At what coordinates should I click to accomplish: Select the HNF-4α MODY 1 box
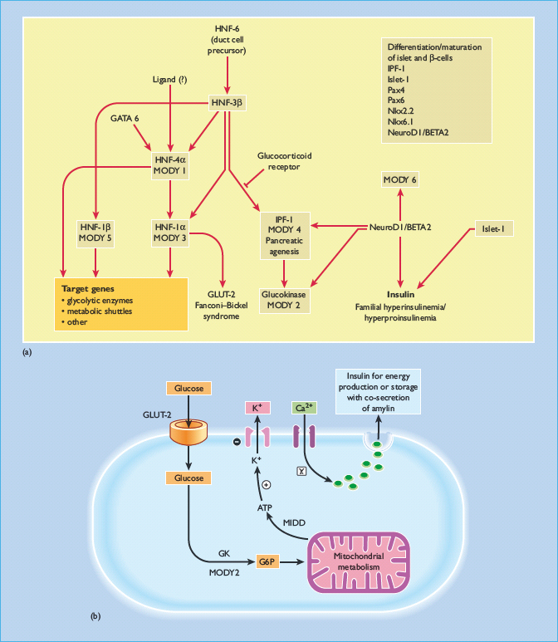(x=169, y=164)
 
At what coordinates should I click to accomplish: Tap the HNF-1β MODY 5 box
(x=95, y=232)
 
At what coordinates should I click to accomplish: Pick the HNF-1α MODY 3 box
(x=169, y=232)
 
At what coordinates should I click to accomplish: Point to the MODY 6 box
(x=400, y=180)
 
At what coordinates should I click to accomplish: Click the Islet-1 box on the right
(x=488, y=228)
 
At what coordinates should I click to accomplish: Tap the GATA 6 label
(x=125, y=119)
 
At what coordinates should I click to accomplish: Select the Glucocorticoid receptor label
(x=284, y=160)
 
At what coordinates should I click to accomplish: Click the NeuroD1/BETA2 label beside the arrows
(x=400, y=228)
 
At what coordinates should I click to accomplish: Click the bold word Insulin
(x=400, y=294)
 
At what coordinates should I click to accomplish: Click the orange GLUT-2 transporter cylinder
(x=189, y=430)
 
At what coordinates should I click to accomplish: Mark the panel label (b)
(x=96, y=616)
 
